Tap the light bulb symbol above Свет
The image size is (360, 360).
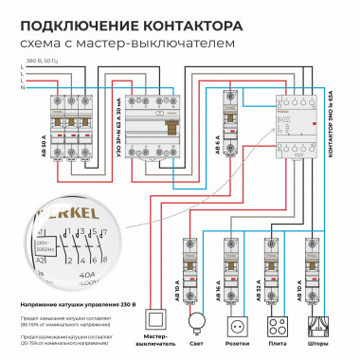(196, 320)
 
